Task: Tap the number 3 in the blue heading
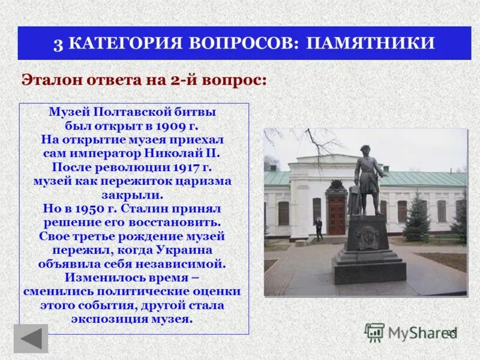coord(58,44)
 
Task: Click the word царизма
coord(205,180)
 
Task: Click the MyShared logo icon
coord(375,332)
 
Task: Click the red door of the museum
coord(337,215)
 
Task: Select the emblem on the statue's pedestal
coord(367,238)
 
